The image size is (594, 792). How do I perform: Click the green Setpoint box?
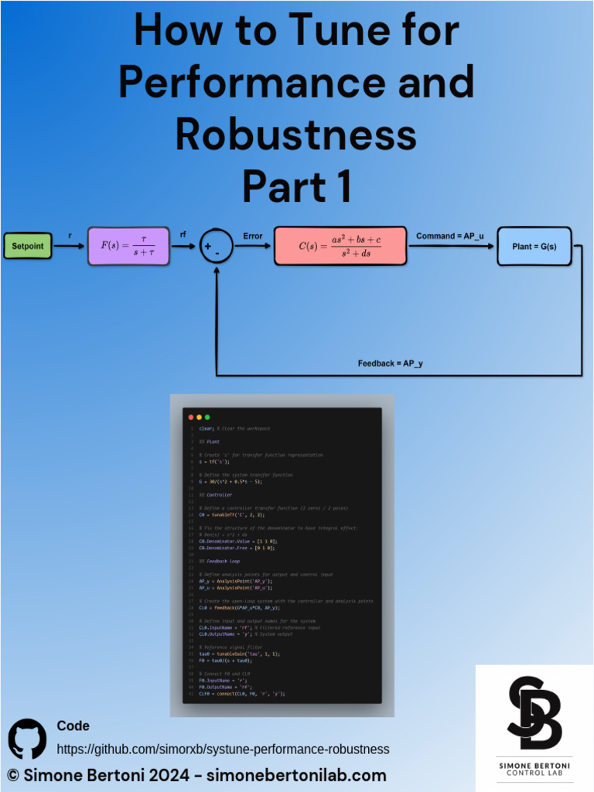(29, 247)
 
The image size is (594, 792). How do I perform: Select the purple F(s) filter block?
(128, 247)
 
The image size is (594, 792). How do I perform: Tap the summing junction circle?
(216, 247)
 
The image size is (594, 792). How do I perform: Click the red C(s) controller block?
(340, 247)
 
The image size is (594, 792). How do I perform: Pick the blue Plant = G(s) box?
(534, 247)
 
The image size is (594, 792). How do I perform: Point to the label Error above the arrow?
(252, 236)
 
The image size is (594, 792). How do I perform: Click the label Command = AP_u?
(449, 235)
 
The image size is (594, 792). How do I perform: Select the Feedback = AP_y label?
(390, 363)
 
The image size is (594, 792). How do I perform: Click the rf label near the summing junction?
(183, 234)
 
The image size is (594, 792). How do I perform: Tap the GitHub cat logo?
(27, 739)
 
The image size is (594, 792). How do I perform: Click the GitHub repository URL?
(223, 749)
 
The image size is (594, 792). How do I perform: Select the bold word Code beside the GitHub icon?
(73, 725)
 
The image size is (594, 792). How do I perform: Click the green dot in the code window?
(207, 417)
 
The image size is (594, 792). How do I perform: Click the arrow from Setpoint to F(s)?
(70, 247)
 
